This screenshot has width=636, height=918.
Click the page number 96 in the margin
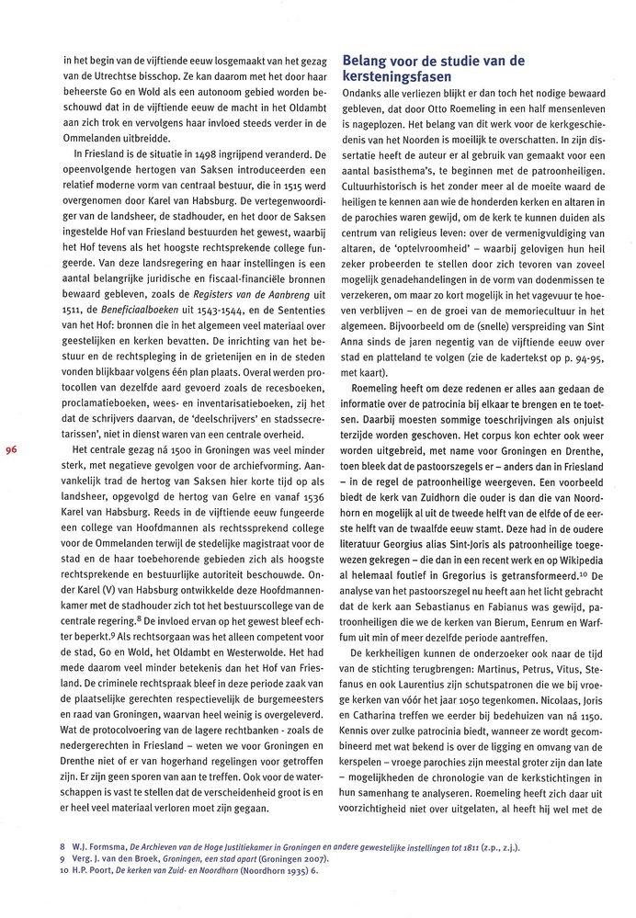[x=12, y=450]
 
